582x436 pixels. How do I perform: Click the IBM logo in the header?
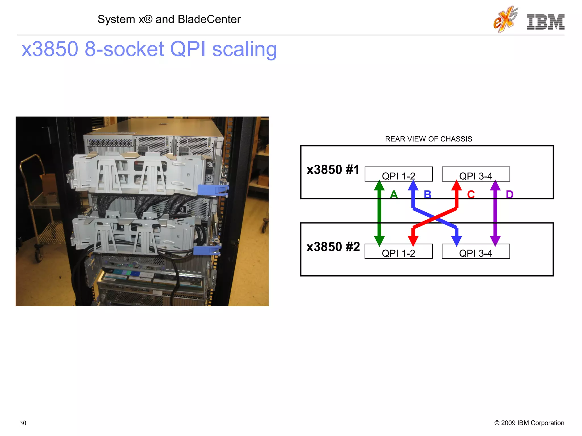click(545, 22)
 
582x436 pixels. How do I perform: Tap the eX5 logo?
click(505, 19)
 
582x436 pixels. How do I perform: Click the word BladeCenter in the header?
click(209, 19)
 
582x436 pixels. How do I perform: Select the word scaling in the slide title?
click(244, 49)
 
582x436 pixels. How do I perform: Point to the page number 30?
click(23, 423)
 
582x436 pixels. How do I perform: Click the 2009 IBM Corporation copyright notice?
click(529, 423)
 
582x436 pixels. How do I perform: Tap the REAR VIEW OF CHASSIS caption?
click(428, 139)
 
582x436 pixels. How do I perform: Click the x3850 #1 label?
click(333, 170)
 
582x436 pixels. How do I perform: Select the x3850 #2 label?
click(333, 247)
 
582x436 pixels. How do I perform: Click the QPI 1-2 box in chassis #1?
click(398, 174)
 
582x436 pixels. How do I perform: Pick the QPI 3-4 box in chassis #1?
click(476, 174)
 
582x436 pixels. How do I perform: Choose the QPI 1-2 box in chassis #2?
click(398, 251)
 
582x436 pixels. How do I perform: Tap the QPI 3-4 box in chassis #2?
click(476, 251)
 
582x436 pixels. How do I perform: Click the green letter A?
click(394, 195)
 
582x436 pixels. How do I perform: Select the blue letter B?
click(427, 195)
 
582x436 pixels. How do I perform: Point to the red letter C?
click(471, 195)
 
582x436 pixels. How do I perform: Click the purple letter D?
click(510, 195)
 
